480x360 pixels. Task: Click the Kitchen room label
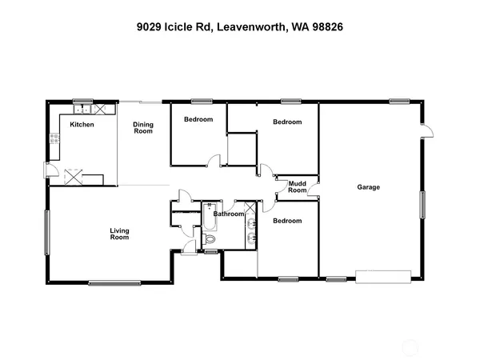point(82,125)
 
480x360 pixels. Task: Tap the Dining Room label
point(142,127)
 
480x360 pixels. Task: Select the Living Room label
point(119,234)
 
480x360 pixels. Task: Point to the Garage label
point(368,188)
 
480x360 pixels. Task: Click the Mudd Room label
point(298,187)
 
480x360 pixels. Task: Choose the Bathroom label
point(228,214)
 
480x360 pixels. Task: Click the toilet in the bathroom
point(210,238)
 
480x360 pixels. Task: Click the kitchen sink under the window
point(82,106)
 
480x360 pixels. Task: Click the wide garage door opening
point(385,277)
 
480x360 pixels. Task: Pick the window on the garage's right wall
point(422,204)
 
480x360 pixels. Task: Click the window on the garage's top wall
point(400,101)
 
